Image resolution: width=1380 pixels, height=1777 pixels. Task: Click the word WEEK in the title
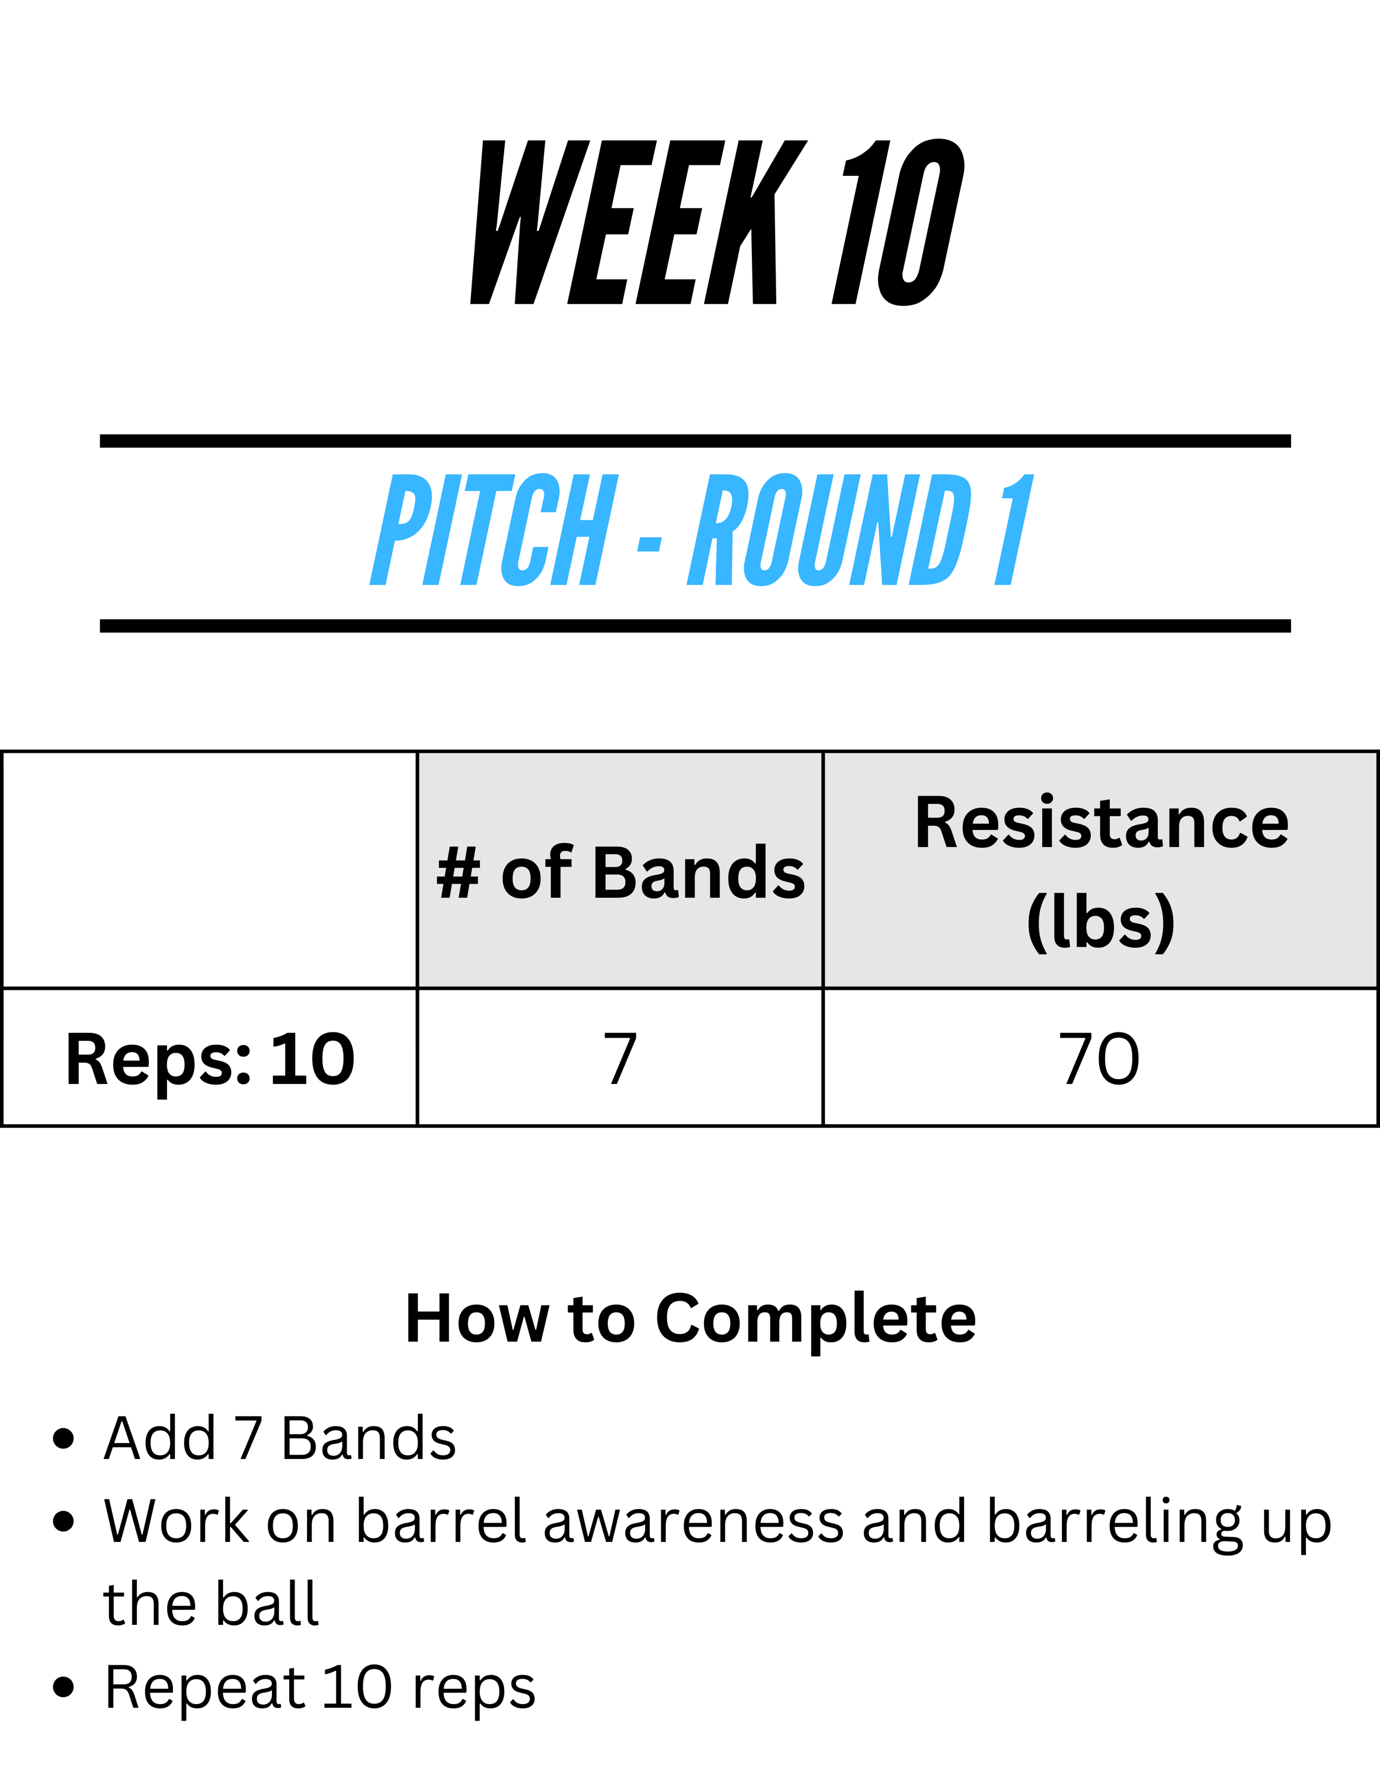(639, 222)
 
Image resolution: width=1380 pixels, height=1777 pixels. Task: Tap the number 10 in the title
(898, 222)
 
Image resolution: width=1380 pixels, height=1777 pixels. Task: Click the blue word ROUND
(830, 530)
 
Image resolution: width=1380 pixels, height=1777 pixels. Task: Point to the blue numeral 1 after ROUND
(1014, 530)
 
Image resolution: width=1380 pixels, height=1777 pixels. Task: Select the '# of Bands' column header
(620, 873)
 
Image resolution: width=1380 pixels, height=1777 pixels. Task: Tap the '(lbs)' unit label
(1101, 922)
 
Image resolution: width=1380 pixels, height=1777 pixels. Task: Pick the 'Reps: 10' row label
(210, 1059)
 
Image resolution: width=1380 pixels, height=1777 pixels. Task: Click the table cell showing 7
(620, 1058)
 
